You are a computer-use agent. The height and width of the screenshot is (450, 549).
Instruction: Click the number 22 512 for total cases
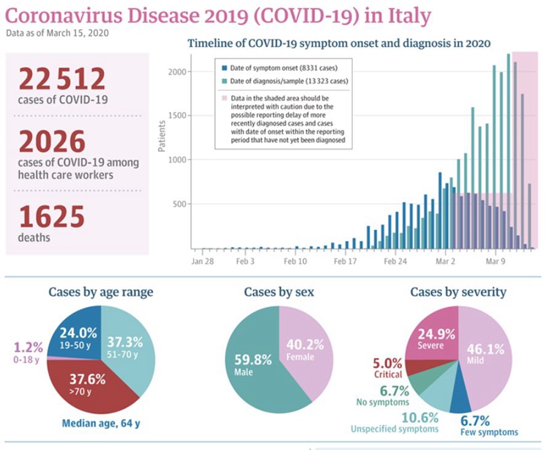pyautogui.click(x=62, y=79)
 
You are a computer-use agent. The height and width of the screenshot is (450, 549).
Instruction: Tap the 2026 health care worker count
pyautogui.click(x=52, y=141)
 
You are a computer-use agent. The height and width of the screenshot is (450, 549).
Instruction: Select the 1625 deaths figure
pyautogui.click(x=51, y=217)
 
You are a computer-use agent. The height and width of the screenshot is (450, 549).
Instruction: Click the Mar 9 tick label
pyautogui.click(x=496, y=261)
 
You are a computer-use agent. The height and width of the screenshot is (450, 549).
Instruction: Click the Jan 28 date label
pyautogui.click(x=203, y=261)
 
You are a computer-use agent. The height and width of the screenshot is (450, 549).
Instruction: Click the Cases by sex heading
pyautogui.click(x=279, y=292)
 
